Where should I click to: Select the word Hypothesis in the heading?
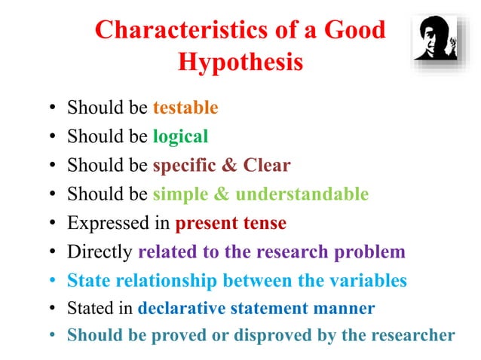[240, 62]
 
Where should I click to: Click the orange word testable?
[185, 108]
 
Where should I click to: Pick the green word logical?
[180, 136]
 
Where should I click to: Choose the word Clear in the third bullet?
[266, 165]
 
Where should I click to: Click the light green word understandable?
[302, 194]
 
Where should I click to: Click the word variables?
[368, 281]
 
